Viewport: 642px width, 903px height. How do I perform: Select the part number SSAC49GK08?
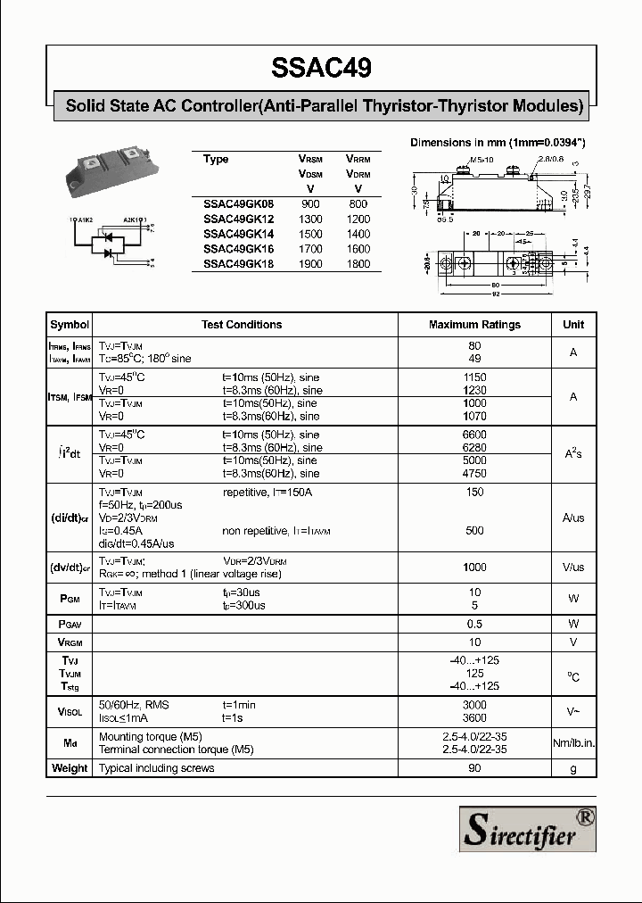238,203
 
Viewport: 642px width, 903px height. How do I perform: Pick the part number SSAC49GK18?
238,264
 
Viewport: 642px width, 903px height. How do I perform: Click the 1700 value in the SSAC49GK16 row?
310,249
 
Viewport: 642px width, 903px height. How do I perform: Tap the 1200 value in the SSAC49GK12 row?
358,219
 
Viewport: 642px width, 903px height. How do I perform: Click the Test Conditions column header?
242,325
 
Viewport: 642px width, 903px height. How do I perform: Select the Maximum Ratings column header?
474,325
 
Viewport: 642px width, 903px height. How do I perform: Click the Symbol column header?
70,325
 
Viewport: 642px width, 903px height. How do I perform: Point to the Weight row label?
70,768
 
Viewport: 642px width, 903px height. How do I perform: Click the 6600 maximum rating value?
474,435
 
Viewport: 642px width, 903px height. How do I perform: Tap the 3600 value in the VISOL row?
474,717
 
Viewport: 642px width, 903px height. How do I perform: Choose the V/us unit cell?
573,567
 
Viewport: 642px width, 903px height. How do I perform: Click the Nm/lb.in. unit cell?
573,743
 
